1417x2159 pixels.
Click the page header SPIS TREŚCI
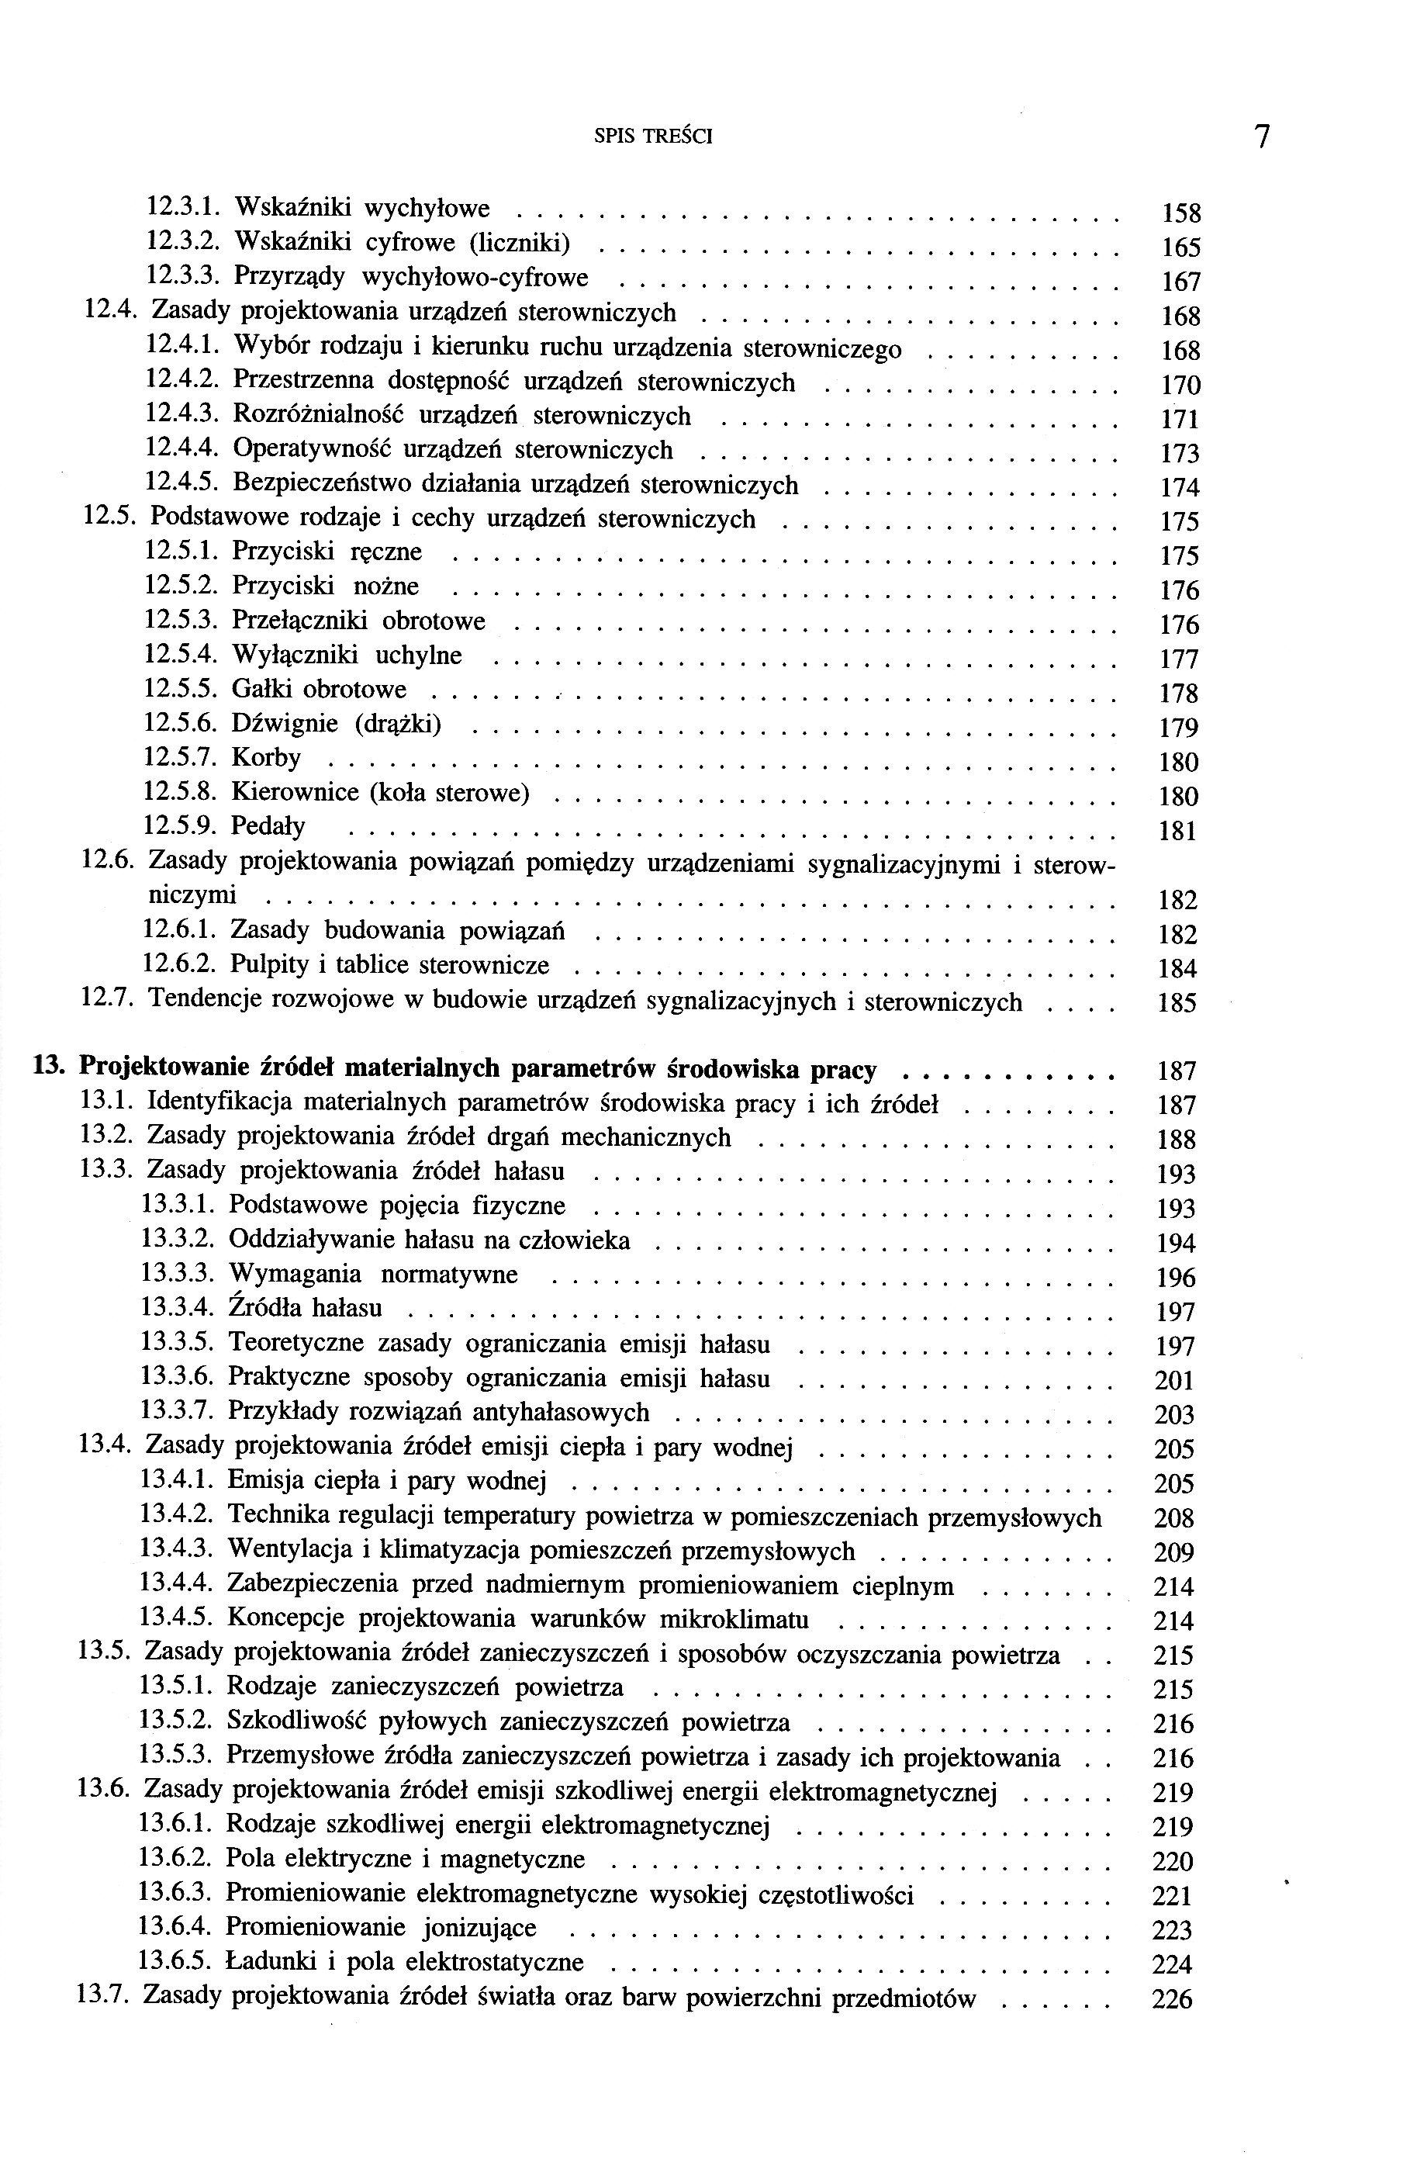coord(653,137)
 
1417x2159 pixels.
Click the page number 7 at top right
coord(1262,137)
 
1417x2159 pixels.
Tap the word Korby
coord(266,757)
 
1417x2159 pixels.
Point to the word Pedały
coord(268,826)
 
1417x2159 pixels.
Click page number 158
coord(1181,214)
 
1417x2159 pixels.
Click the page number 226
coord(1172,1998)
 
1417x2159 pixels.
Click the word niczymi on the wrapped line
coord(192,896)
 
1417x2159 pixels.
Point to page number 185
coord(1177,1003)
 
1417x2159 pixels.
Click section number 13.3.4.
coord(177,1308)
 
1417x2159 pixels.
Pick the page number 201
coord(1175,1381)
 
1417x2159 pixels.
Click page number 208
coord(1174,1518)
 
